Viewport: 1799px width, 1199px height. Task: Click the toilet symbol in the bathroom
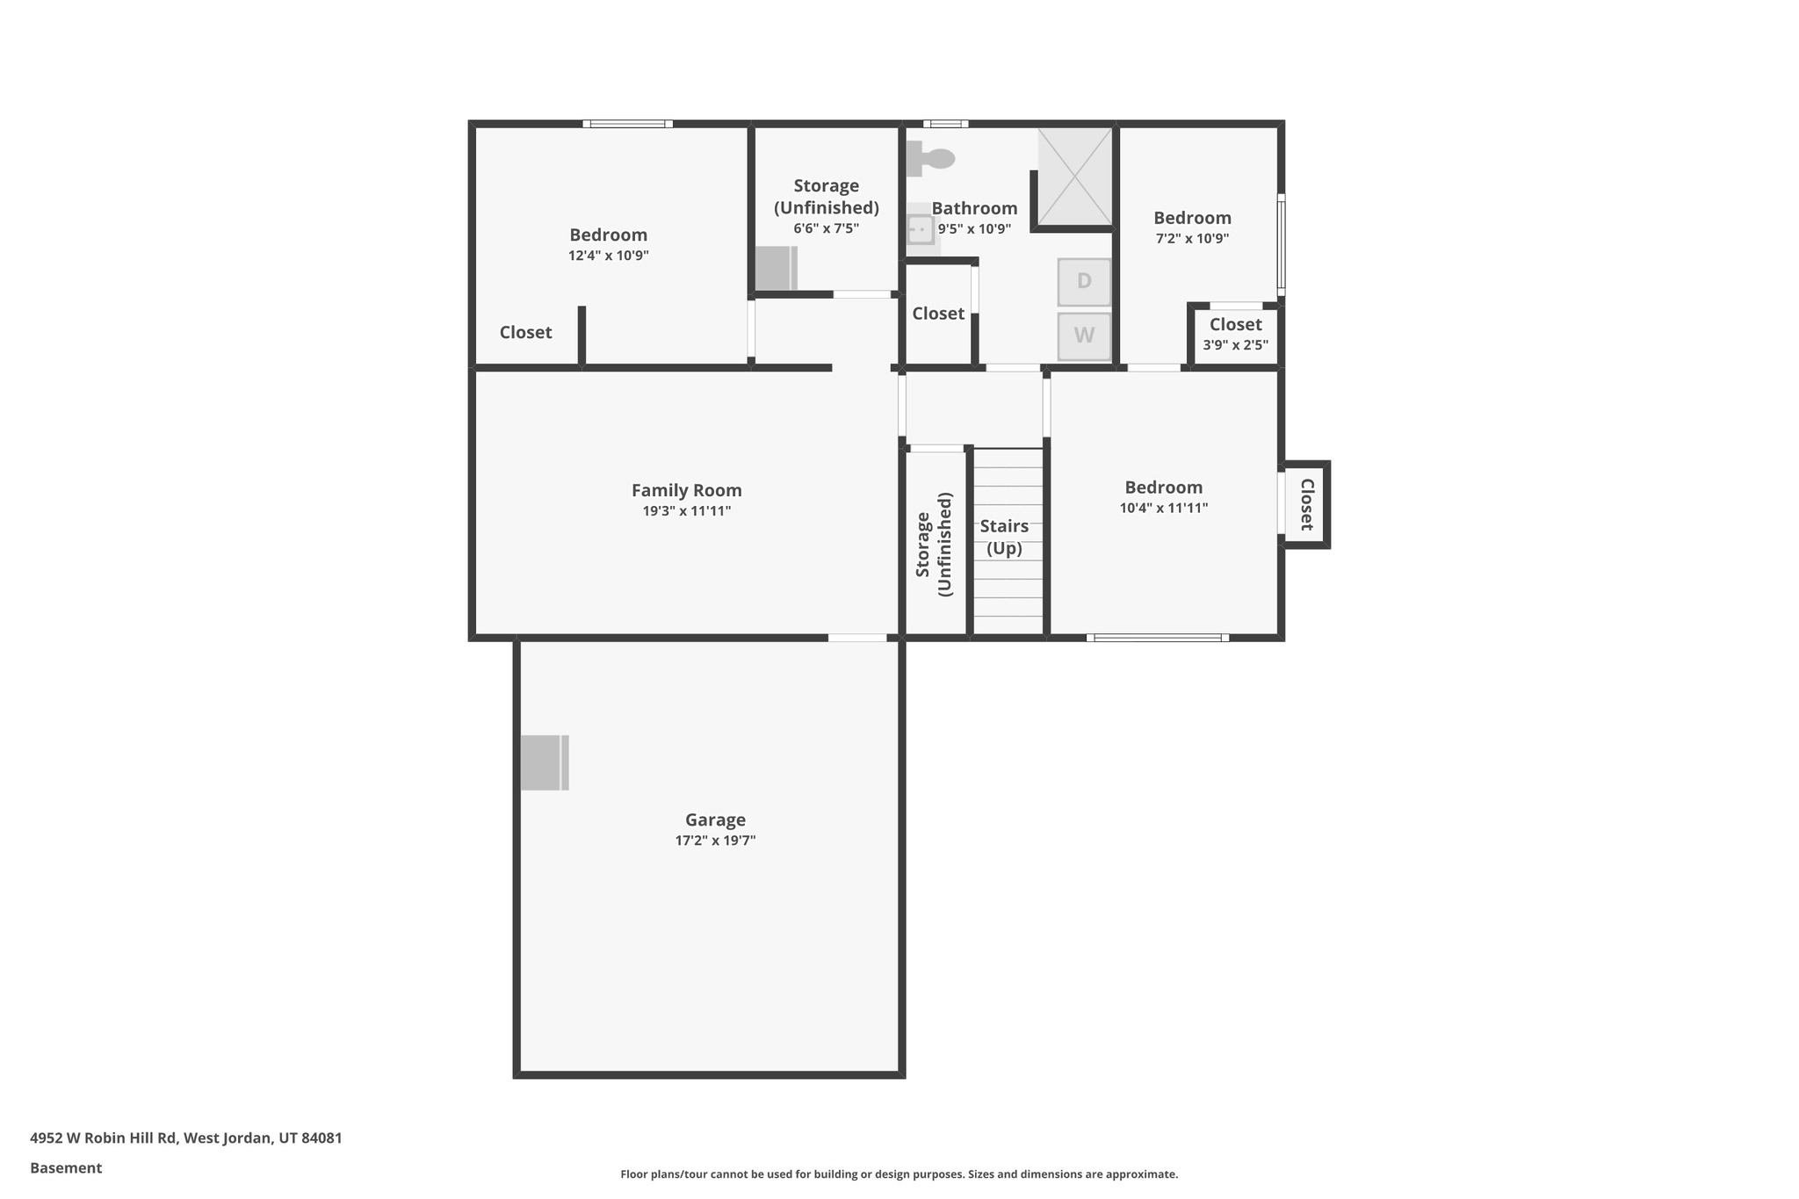929,159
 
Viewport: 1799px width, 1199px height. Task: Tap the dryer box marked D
1084,282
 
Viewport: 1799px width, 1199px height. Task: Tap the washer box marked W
1084,336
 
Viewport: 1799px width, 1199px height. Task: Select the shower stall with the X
1075,177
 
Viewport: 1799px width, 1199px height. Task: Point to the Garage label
715,820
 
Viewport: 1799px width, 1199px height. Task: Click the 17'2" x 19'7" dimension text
715,841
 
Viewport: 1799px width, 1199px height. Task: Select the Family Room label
686,490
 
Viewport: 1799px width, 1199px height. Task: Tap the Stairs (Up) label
1004,537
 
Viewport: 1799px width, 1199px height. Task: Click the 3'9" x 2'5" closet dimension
1235,345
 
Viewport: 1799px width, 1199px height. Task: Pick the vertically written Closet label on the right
1306,504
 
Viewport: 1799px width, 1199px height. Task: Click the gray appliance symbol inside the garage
544,762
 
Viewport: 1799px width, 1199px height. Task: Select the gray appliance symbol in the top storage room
776,269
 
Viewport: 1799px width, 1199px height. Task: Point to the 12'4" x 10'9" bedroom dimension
608,256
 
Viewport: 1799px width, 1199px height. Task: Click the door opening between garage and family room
856,638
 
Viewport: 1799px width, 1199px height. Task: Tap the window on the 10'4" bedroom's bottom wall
1157,638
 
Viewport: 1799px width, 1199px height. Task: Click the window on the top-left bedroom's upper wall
627,124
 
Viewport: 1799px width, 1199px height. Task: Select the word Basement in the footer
66,1167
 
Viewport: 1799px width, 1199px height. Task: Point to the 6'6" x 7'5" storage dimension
826,228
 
